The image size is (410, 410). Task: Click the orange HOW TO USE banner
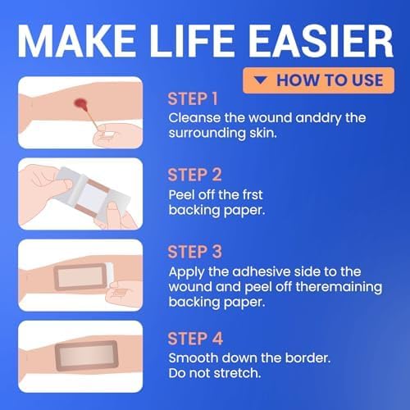pyautogui.click(x=318, y=80)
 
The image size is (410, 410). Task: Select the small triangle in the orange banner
pyautogui.click(x=260, y=80)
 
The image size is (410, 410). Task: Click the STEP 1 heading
pyautogui.click(x=193, y=99)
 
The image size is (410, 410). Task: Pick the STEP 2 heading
pyautogui.click(x=193, y=174)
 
